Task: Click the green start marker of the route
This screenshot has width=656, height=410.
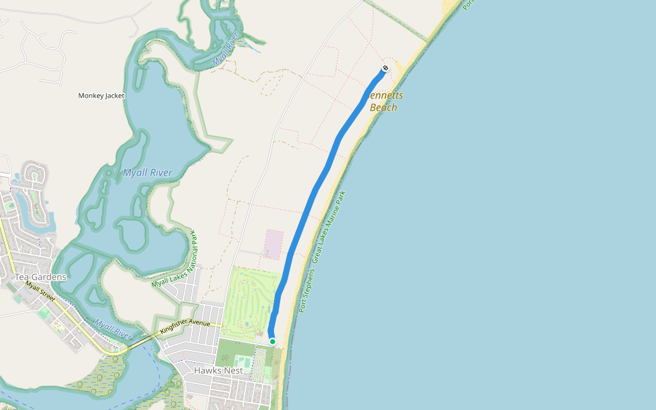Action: (273, 341)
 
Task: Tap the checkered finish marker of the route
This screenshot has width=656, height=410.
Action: (385, 68)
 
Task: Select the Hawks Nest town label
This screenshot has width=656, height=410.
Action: (218, 370)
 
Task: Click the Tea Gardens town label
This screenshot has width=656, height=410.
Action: (41, 277)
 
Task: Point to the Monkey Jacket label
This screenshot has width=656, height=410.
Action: (101, 96)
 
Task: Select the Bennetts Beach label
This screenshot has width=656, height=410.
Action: (383, 102)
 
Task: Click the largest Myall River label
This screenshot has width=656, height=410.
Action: (148, 173)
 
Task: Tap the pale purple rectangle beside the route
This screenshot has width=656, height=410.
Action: (274, 244)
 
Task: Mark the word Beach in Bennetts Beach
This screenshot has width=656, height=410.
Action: (383, 107)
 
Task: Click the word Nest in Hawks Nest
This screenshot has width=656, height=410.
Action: (232, 370)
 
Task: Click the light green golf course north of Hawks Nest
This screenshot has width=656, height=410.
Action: (249, 301)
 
